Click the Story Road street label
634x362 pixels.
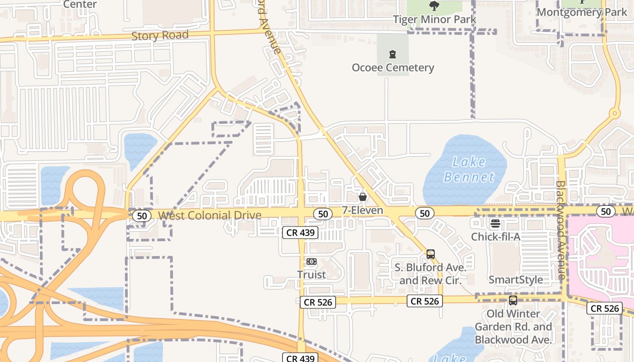160,35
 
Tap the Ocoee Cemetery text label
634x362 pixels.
393,68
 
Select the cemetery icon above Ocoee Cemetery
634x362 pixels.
393,55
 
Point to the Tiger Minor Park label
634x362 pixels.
434,19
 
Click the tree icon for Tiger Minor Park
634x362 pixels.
434,6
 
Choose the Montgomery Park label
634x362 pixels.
582,12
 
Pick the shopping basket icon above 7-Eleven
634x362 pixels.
362,197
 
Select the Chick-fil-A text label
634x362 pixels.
495,237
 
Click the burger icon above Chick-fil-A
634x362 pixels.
495,223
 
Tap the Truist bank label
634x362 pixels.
312,275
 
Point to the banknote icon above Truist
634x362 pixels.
312,262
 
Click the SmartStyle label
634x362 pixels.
516,280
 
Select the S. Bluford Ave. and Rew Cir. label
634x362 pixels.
430,274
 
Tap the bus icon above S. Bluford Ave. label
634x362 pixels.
430,254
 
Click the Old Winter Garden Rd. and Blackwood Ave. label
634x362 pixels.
513,327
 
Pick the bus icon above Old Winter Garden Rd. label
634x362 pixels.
513,300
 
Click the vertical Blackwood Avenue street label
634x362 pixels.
561,230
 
